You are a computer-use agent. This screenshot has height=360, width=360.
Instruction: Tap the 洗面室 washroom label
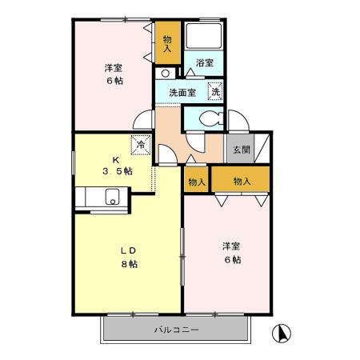[182, 93]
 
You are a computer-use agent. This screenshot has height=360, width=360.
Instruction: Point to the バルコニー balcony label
[177, 330]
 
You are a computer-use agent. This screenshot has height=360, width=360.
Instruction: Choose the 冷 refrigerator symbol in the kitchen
[140, 146]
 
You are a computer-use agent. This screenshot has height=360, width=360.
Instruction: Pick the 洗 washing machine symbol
[214, 91]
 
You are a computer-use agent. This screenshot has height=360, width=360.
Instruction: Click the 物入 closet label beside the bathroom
[166, 43]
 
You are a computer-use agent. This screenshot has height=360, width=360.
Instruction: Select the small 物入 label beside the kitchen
[196, 182]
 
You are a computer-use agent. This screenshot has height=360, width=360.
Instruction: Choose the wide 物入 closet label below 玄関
[242, 182]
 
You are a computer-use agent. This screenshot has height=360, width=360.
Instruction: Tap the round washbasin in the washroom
[165, 74]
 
